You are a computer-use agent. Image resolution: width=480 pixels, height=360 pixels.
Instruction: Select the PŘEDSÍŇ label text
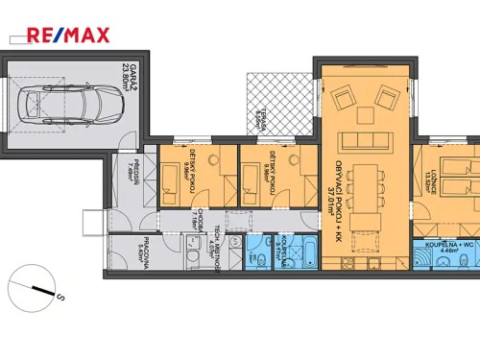[x=137, y=172]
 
